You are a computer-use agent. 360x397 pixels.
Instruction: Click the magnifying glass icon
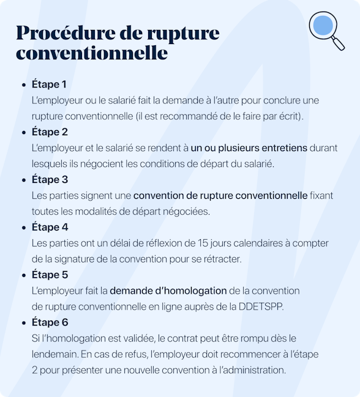326,29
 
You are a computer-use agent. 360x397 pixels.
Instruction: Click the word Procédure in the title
57,32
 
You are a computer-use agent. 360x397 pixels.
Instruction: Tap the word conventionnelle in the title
92,53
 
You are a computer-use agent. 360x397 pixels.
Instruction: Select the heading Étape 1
49,84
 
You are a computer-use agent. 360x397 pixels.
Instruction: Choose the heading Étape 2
50,132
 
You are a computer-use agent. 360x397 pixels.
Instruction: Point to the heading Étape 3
50,180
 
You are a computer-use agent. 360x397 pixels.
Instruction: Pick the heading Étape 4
50,228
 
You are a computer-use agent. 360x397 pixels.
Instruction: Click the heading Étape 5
50,275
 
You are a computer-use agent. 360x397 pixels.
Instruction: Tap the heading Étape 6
50,322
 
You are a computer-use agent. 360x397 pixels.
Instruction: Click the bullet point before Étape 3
23,180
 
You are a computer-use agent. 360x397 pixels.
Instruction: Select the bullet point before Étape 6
23,323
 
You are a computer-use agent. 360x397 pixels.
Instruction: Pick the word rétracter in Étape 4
222,259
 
